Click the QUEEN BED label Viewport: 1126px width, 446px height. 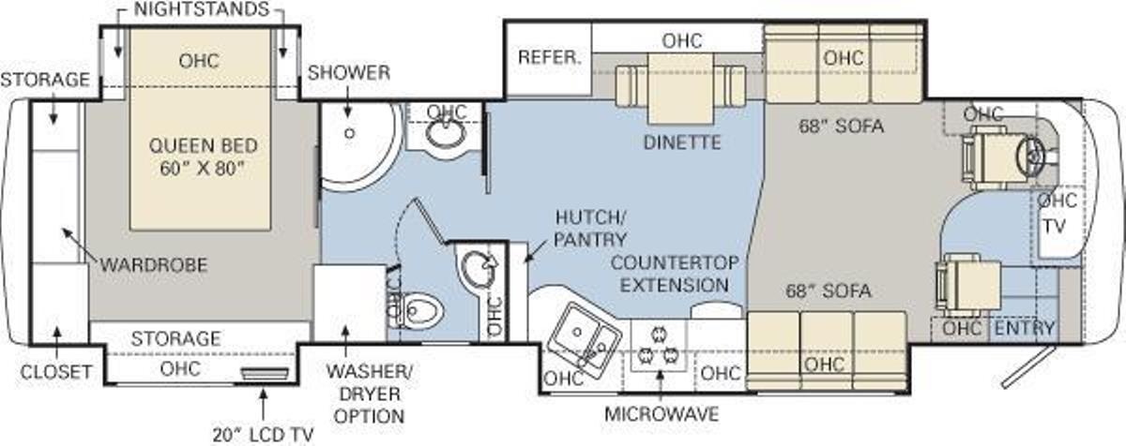point(203,146)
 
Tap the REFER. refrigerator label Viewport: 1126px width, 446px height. point(550,57)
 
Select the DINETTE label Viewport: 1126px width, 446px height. point(682,142)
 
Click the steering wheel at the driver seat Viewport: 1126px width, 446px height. point(1029,156)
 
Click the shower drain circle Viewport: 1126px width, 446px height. point(350,133)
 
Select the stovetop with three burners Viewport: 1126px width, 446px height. point(658,347)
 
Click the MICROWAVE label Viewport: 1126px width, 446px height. point(662,414)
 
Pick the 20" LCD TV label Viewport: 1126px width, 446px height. point(263,435)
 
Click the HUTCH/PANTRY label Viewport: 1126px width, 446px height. point(590,229)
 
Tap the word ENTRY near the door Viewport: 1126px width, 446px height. point(1024,328)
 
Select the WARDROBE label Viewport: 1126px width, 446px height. point(154,265)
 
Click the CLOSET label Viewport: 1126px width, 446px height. point(56,372)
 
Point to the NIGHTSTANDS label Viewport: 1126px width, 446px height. point(202,9)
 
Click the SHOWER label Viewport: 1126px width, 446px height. point(349,73)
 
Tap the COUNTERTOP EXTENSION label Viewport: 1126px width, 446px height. point(675,274)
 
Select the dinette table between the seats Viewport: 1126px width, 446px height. point(680,89)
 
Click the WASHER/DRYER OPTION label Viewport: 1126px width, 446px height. point(370,394)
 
